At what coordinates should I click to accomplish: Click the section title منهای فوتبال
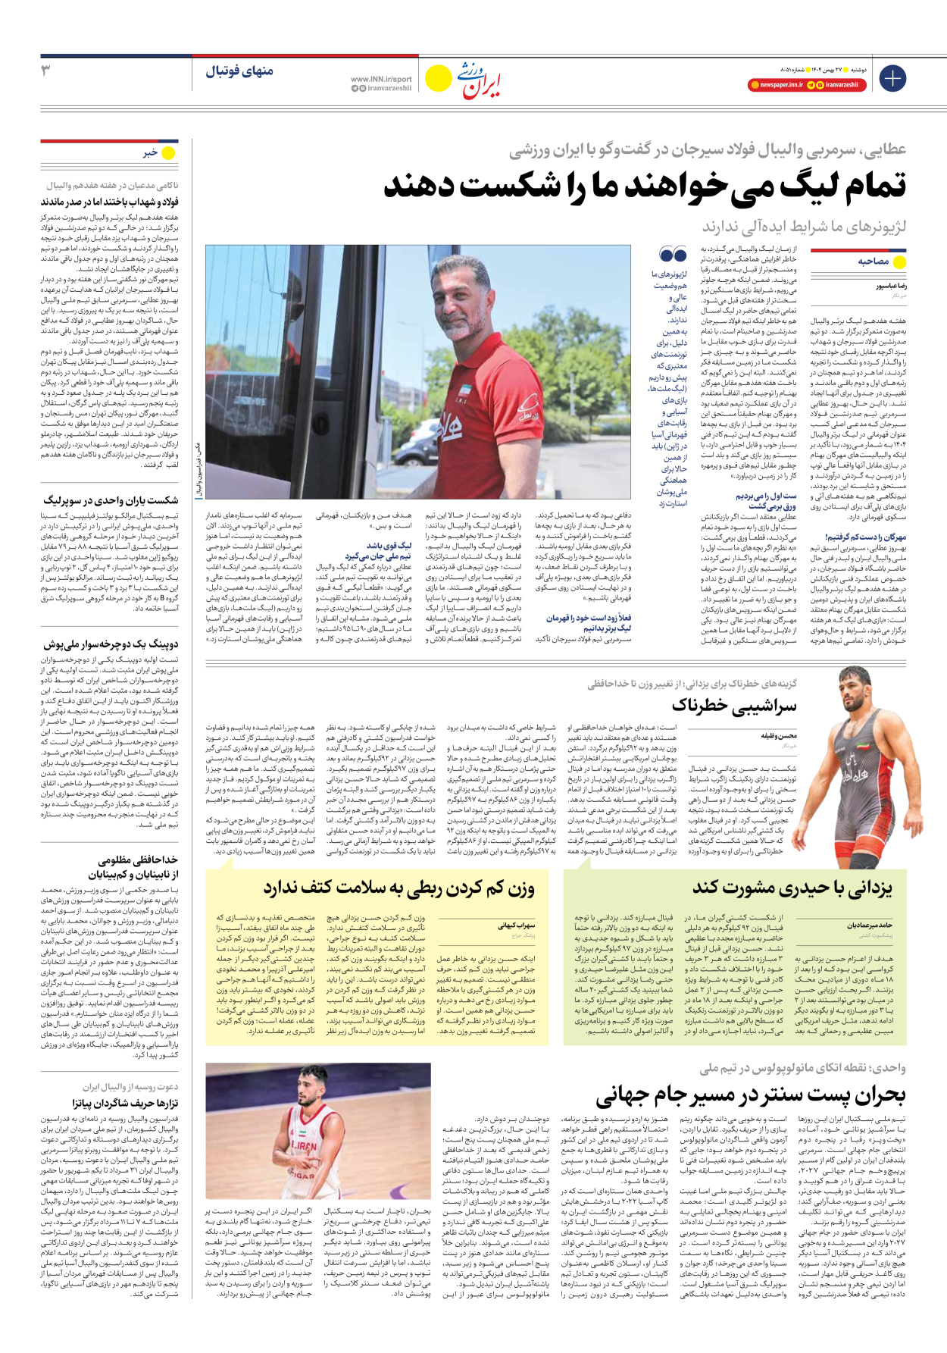click(x=239, y=71)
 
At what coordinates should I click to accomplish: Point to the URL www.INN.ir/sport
click(x=381, y=79)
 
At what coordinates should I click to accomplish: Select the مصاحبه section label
click(x=873, y=262)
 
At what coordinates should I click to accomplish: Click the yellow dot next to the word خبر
click(x=168, y=153)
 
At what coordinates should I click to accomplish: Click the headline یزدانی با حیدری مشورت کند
click(x=792, y=888)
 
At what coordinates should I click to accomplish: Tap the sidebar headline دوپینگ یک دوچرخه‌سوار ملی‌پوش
click(x=111, y=645)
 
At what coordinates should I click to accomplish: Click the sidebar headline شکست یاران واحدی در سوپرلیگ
click(x=111, y=500)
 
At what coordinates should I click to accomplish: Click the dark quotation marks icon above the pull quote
click(x=673, y=255)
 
